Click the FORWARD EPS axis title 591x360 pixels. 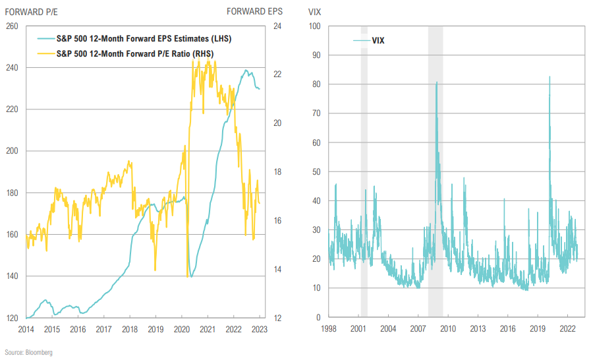click(255, 11)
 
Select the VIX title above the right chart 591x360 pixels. click(314, 11)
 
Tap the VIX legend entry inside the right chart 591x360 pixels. click(378, 41)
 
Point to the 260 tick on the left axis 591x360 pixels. click(13, 26)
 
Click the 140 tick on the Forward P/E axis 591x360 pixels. click(13, 276)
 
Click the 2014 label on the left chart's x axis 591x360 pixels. click(26, 329)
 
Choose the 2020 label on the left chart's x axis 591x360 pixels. click(182, 329)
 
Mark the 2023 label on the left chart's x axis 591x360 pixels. click(260, 329)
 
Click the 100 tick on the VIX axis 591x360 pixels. click(314, 26)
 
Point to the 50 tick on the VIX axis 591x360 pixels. click(316, 172)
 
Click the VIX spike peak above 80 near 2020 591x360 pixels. click(549, 77)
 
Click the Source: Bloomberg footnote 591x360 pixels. click(28, 353)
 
